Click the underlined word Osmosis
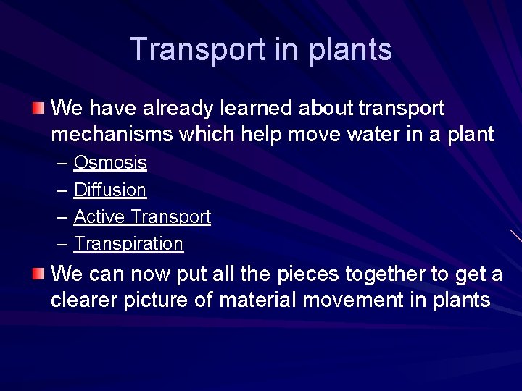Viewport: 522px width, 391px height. [x=110, y=163]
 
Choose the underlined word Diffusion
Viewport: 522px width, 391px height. [x=110, y=190]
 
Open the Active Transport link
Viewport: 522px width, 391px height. [x=142, y=216]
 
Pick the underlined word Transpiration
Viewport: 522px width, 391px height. [x=128, y=243]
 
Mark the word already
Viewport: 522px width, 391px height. [x=179, y=109]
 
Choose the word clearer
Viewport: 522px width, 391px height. [x=84, y=300]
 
